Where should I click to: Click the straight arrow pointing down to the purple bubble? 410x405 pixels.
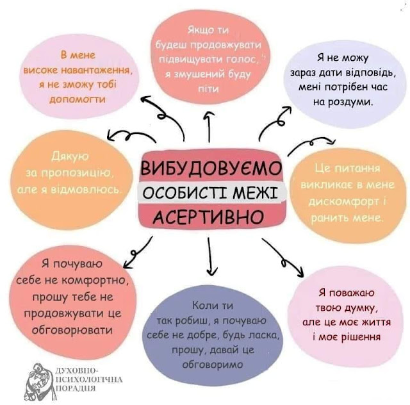coord(208,256)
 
